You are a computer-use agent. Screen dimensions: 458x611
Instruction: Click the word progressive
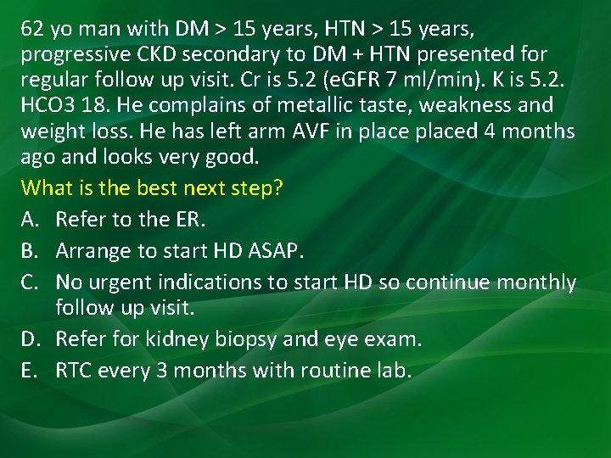[x=65, y=54]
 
